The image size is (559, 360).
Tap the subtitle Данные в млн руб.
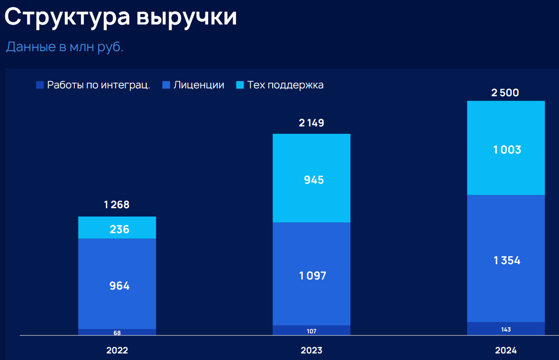click(65, 47)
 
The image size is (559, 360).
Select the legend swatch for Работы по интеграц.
click(40, 85)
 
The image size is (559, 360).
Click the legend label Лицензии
click(199, 85)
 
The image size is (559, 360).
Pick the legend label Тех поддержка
click(285, 85)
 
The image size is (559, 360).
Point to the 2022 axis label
click(117, 350)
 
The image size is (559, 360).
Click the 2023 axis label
click(312, 350)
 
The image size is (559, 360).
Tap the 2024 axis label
click(506, 350)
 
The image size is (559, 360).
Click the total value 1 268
click(116, 204)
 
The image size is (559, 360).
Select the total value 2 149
click(311, 123)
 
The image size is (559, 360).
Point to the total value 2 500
click(505, 93)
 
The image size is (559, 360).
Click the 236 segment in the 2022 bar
click(117, 229)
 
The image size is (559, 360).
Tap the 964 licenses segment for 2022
click(117, 285)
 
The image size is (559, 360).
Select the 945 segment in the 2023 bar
click(312, 180)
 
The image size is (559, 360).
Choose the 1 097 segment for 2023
click(312, 275)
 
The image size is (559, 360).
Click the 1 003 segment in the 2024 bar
click(506, 150)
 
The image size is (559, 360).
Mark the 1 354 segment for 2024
click(506, 260)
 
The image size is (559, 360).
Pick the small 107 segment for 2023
click(312, 331)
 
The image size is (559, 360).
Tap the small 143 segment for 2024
click(506, 329)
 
